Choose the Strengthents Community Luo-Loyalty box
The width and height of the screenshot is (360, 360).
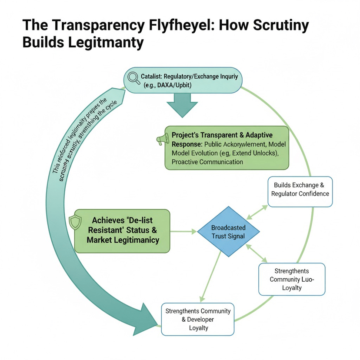(x=291, y=279)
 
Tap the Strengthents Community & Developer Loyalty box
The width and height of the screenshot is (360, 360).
(x=198, y=319)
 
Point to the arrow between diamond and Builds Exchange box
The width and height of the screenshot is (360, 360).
(x=258, y=212)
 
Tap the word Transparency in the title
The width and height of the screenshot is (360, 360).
(x=87, y=25)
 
